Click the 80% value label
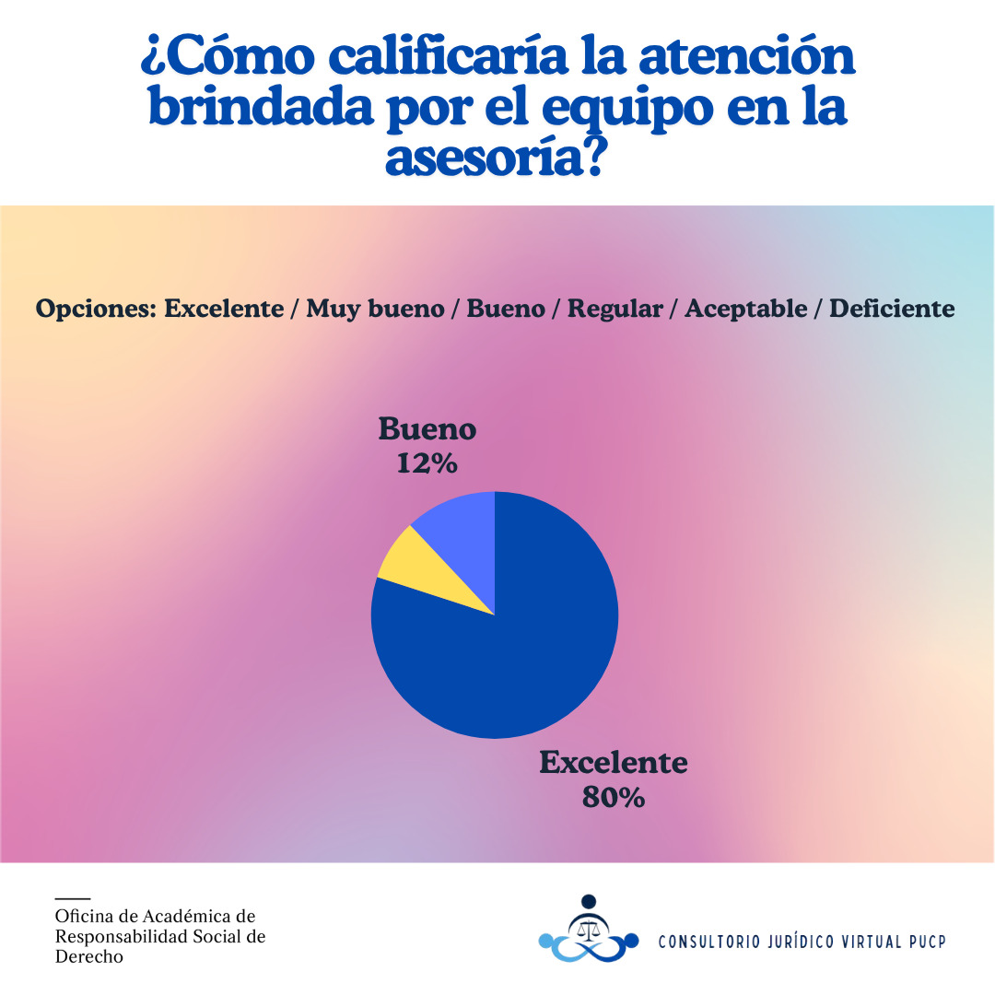click(613, 797)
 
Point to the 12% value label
click(427, 462)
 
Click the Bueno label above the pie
click(427, 429)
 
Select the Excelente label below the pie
click(613, 763)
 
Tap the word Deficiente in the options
click(892, 309)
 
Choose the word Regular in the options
click(615, 309)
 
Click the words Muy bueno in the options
click(374, 309)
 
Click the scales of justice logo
click(588, 930)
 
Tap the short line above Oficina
click(73, 897)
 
